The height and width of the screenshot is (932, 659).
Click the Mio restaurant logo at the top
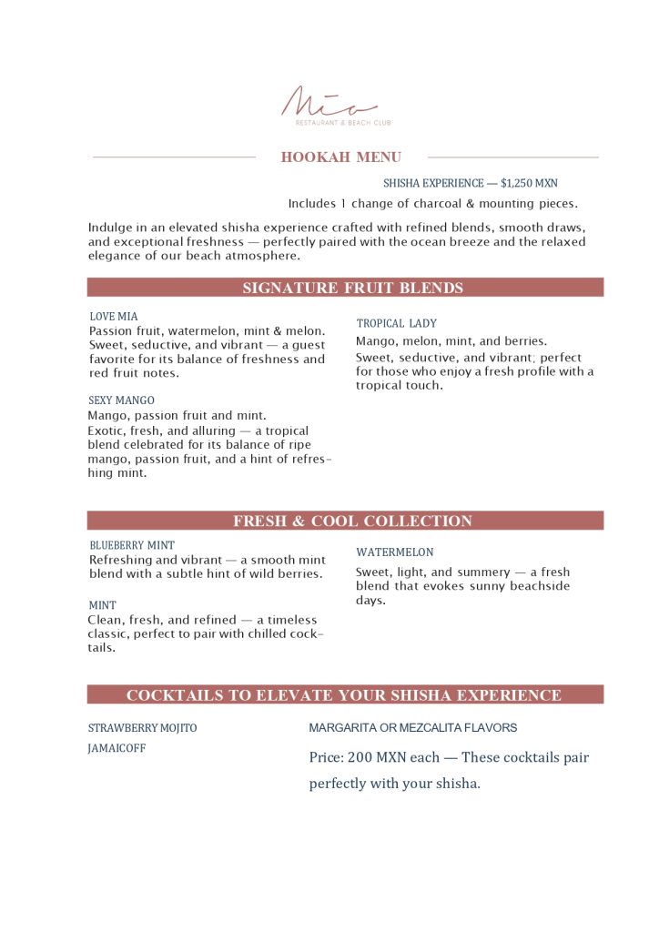pos(329,102)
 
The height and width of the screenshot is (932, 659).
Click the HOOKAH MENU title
pos(341,157)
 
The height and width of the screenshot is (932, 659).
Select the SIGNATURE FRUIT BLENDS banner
pos(353,289)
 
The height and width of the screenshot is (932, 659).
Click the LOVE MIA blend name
pos(114,317)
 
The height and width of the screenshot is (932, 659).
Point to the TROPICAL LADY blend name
pos(396,323)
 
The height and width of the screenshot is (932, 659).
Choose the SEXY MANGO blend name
pos(121,400)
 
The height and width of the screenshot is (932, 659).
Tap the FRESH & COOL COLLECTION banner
pos(353,522)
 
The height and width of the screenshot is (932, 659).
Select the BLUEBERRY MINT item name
pos(132,545)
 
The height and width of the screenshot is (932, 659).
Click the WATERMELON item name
pos(394,552)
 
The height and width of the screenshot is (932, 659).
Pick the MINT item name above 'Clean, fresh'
pos(102,605)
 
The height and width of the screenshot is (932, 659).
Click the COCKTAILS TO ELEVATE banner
pos(344,695)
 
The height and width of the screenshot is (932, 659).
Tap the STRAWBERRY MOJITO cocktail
pos(142,728)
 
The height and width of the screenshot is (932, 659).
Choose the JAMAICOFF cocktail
pos(117,748)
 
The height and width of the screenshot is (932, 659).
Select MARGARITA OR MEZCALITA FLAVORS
pos(412,728)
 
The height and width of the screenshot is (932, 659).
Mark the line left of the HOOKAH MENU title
pos(174,157)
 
